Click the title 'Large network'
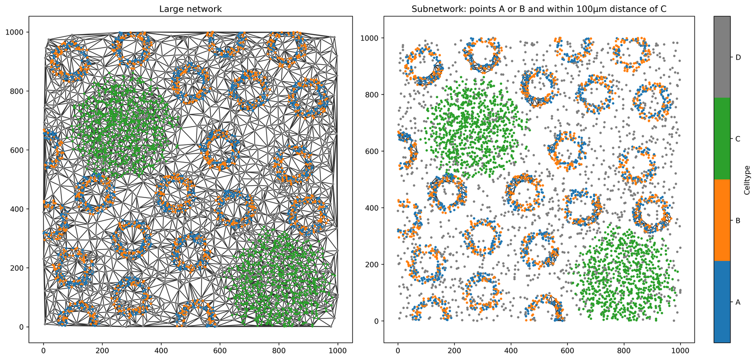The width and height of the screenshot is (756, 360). coord(190,9)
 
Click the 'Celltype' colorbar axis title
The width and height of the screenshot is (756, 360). coord(747,180)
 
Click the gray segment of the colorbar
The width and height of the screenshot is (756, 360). coord(722,57)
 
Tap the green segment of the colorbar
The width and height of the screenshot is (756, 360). coord(722,139)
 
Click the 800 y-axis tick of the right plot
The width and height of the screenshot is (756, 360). coord(372,94)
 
